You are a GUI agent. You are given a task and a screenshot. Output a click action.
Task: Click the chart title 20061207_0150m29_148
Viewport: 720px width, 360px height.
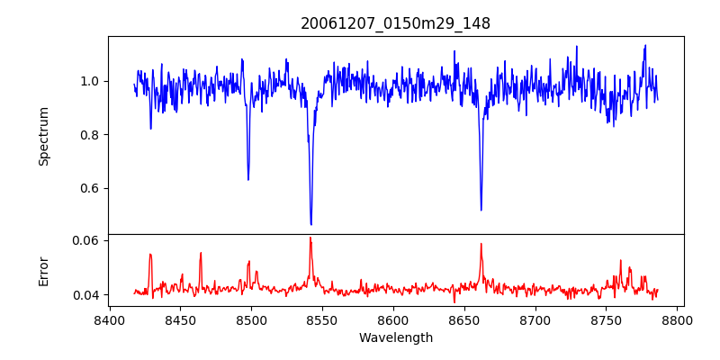[395, 23]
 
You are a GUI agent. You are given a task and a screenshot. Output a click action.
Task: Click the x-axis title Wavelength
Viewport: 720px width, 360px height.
[395, 337]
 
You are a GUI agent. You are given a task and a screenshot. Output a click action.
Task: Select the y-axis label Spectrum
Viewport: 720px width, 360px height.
[43, 136]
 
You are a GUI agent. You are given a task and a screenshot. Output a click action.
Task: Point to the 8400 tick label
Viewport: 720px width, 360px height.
[109, 319]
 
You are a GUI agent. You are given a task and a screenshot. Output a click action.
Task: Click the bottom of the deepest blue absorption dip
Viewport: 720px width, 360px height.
[310, 224]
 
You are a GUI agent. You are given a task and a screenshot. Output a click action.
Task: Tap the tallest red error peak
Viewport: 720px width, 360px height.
[310, 238]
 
